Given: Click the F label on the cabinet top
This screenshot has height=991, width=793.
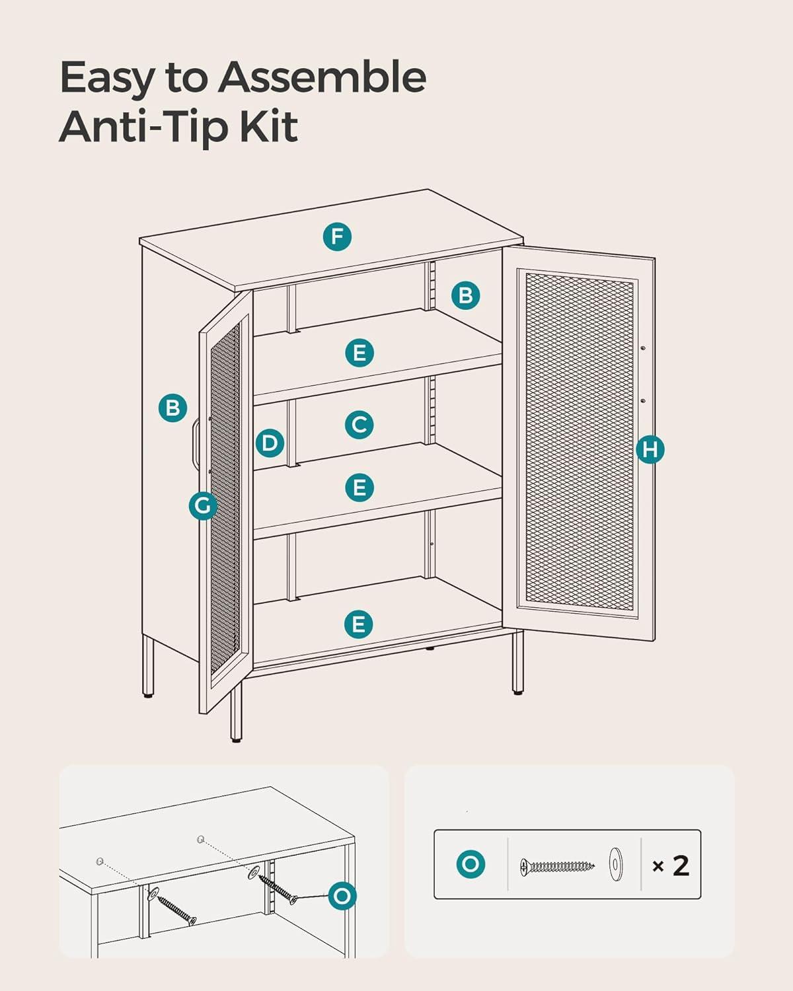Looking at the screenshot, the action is [337, 237].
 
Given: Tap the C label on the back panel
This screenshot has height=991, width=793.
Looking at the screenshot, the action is [359, 425].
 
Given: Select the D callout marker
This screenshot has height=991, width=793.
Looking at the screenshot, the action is [270, 443].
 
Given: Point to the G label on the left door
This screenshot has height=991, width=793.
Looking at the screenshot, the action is [203, 505].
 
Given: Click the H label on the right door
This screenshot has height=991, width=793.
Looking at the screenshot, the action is [650, 449].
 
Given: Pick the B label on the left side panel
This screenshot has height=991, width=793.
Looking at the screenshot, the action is [172, 408].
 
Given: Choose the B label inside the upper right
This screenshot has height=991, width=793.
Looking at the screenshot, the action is [465, 295].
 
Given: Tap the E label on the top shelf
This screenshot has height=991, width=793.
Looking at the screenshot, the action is [359, 353].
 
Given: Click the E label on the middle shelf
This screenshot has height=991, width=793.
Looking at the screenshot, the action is [359, 487].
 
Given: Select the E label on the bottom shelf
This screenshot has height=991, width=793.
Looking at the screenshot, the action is [358, 624].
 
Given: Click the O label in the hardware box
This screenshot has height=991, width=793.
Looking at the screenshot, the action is [471, 864].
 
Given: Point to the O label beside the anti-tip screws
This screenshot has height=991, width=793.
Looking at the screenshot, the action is [342, 896].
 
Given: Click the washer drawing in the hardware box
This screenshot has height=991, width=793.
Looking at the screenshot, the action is [616, 864].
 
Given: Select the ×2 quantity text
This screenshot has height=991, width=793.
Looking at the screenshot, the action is [671, 865].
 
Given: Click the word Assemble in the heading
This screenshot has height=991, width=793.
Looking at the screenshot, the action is [322, 77].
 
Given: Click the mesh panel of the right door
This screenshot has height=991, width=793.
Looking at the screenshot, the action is [580, 443].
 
